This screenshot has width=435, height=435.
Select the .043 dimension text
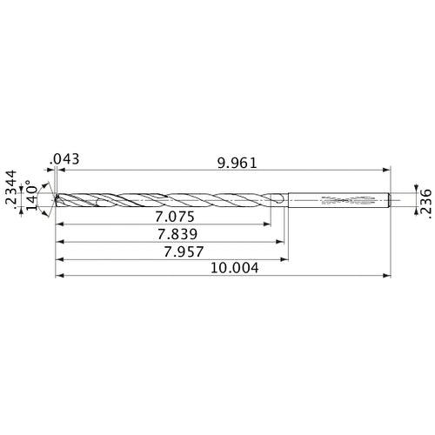(65, 159)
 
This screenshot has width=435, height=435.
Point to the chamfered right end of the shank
(388, 200)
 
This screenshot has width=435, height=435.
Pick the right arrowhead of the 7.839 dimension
(284, 242)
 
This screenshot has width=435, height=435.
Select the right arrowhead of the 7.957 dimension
(288, 258)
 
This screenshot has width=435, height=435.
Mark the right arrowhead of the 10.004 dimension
(387, 276)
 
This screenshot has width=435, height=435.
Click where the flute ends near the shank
(277, 200)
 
